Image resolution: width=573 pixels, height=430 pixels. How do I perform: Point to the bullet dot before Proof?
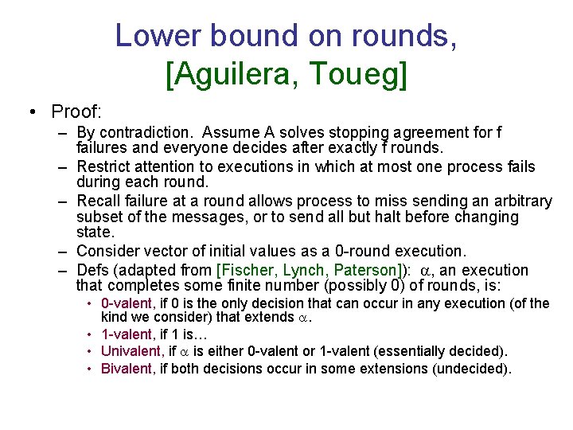[x=30, y=111]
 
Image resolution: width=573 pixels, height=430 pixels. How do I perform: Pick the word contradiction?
[x=154, y=132]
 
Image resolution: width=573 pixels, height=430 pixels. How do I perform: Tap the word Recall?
[x=98, y=201]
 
